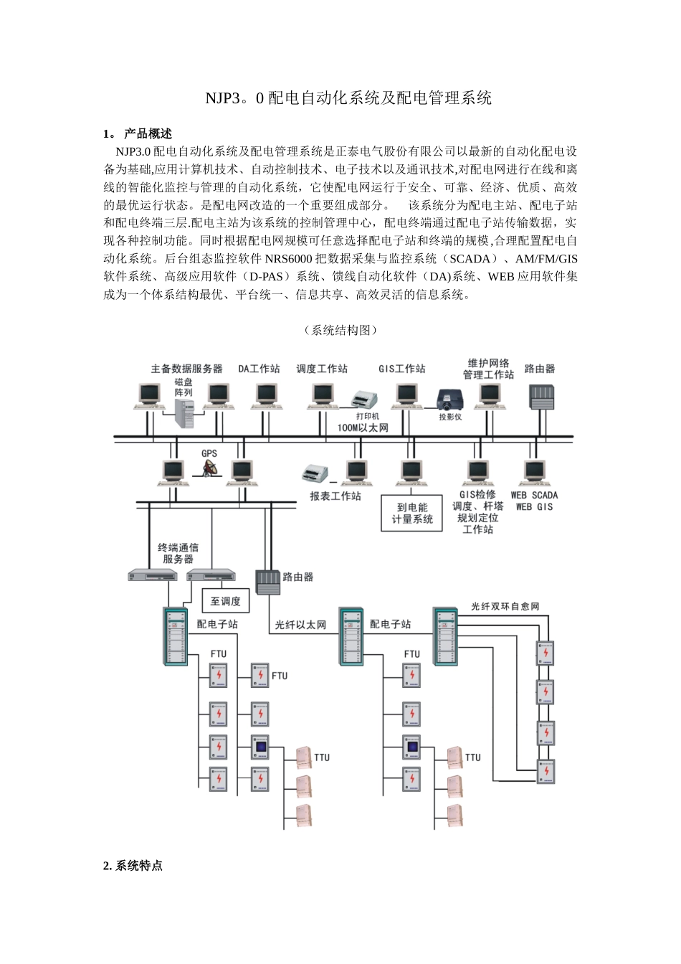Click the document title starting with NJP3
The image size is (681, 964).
tap(348, 98)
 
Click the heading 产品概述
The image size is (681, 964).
tap(148, 134)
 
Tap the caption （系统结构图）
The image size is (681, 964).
tap(340, 330)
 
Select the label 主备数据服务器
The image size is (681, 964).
tap(186, 369)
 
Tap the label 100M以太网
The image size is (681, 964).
tap(363, 427)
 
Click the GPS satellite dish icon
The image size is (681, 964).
tap(209, 468)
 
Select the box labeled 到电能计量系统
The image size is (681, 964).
tap(412, 513)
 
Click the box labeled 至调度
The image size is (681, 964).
tap(226, 601)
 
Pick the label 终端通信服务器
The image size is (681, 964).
tap(178, 553)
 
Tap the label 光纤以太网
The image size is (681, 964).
tap(300, 625)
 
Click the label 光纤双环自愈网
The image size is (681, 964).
tap(505, 607)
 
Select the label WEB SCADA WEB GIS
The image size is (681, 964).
tap(534, 501)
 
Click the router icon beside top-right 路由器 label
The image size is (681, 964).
tap(541, 397)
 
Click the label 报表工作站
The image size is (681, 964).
tap(335, 496)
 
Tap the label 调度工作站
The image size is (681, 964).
tap(322, 369)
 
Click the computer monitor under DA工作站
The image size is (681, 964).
tap(266, 394)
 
